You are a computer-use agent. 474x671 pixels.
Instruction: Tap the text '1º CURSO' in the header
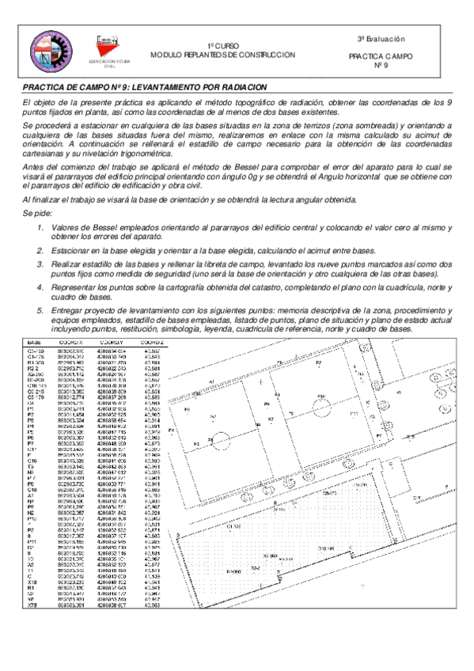click(222, 47)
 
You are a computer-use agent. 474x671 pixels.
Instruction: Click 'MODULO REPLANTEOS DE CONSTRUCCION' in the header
click(223, 55)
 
